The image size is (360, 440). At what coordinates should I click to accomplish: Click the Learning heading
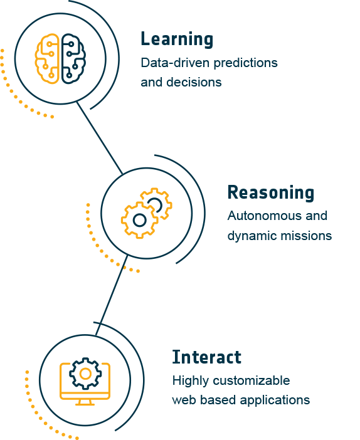[177, 39]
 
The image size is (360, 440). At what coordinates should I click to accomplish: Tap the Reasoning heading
[271, 193]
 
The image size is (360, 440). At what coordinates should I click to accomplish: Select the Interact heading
[207, 357]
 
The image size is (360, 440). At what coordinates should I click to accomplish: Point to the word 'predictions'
[245, 63]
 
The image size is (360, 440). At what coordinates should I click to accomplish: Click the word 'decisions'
[194, 82]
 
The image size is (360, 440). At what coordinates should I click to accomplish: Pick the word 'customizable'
[251, 381]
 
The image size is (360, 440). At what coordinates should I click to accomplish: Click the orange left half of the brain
[47, 59]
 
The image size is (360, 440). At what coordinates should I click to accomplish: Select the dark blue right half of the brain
[73, 59]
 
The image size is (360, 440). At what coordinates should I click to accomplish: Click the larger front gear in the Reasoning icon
[140, 220]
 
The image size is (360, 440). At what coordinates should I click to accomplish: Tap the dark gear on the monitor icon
[85, 374]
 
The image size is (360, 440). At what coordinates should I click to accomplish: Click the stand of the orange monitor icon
[85, 402]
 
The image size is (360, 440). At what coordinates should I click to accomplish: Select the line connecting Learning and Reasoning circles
[100, 138]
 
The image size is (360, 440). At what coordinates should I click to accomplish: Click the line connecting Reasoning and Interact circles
[111, 295]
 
